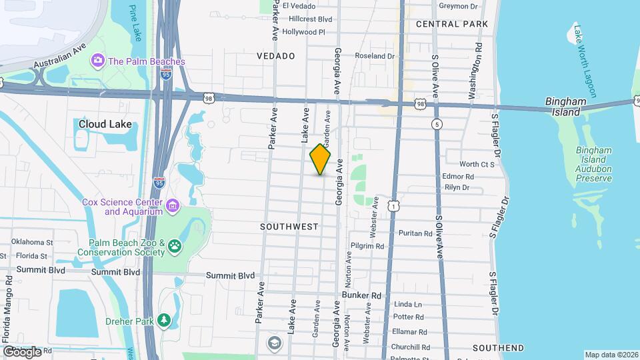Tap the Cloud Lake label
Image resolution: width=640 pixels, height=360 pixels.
pos(105,124)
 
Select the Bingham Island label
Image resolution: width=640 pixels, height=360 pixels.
pos(565,107)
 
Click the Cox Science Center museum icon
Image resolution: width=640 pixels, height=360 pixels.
pos(173,204)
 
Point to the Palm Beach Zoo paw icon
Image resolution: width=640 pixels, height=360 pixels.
pos(174,247)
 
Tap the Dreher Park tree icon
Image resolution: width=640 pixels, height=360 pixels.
pos(164,321)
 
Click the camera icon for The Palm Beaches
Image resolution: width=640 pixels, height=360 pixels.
pos(98,61)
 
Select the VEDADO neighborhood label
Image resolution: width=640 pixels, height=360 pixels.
pos(276,56)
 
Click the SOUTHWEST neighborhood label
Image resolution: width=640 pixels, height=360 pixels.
pos(289,227)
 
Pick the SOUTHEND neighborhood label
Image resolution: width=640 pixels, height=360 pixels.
pos(497,348)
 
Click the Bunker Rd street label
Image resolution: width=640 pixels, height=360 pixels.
pos(361,295)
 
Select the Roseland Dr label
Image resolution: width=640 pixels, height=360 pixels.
pos(375,56)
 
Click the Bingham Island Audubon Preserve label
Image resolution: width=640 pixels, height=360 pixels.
pos(593,165)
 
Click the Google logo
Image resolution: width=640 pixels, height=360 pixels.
pos(22,351)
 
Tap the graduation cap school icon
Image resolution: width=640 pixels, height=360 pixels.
pos(274,343)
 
